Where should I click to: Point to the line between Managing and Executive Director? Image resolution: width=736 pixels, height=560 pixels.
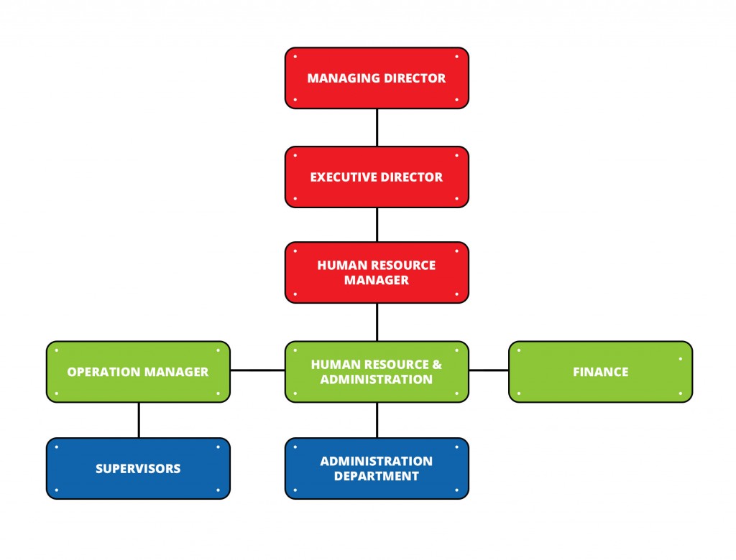377,127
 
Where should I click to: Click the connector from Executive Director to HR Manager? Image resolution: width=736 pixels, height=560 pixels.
377,224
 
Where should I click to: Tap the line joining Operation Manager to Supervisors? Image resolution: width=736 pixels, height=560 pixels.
139,419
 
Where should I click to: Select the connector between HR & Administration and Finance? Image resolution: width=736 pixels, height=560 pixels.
489,370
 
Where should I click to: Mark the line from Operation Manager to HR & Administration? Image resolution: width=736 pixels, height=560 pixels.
257,370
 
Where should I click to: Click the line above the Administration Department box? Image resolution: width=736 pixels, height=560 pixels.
377,419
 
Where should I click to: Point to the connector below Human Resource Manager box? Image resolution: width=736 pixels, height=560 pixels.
377,322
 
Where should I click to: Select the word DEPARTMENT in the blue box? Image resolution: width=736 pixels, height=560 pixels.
377,476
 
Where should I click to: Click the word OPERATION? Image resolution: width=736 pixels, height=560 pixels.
99,372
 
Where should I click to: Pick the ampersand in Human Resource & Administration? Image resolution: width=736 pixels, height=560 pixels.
437,365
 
